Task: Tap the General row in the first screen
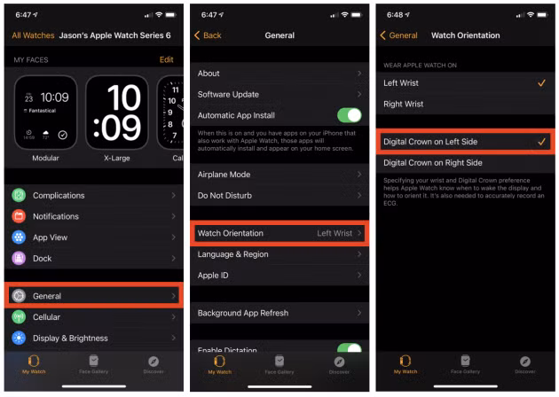(x=93, y=296)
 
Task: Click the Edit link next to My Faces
(x=166, y=59)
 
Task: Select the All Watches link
(x=33, y=35)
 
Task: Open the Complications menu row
(x=93, y=195)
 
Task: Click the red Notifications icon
(x=19, y=216)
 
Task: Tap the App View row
(x=93, y=237)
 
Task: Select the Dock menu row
(x=93, y=258)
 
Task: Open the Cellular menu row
(x=93, y=317)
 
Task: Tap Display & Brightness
(x=93, y=338)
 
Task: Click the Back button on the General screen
(x=209, y=35)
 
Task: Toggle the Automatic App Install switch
(x=349, y=115)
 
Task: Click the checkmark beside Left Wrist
(x=541, y=83)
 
